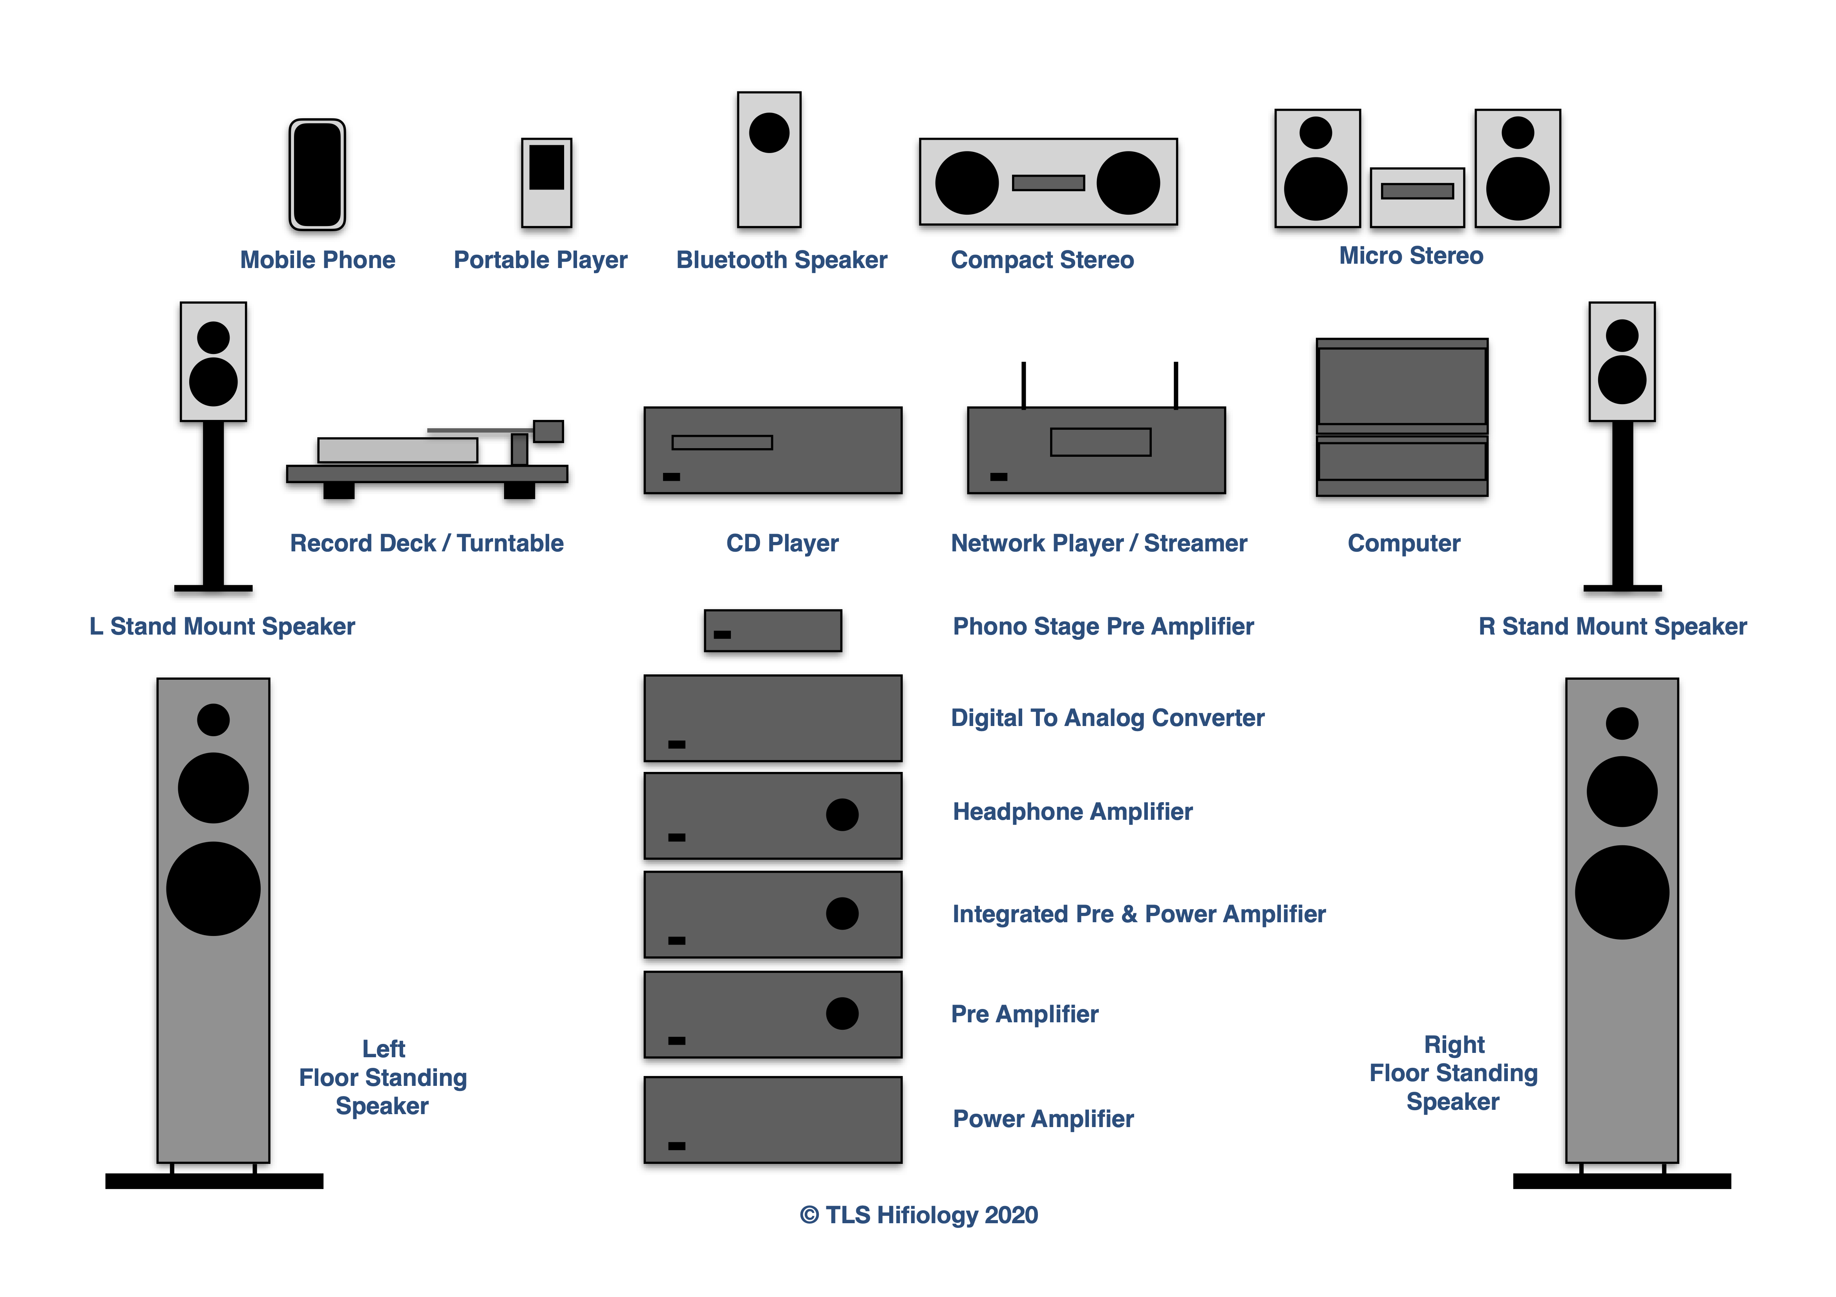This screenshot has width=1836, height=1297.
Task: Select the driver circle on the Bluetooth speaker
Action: point(769,133)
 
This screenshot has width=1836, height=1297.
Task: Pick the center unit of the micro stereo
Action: point(1417,197)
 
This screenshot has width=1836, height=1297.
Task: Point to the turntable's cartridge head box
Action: point(548,431)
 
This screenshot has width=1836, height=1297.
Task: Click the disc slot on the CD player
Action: point(722,442)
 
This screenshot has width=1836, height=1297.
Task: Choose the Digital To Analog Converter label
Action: point(1107,718)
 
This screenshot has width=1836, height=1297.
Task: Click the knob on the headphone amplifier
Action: point(842,815)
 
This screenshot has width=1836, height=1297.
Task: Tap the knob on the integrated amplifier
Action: point(842,913)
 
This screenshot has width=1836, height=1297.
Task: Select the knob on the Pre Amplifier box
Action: point(842,1013)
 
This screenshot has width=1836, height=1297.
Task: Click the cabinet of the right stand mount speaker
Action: point(1622,361)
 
